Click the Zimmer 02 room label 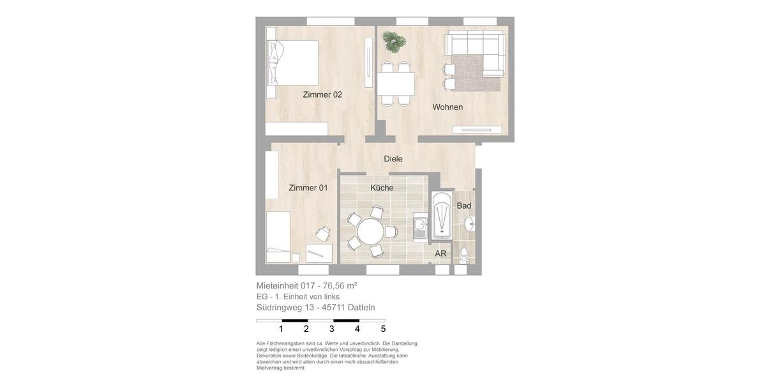point(322,94)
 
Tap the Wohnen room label point(447,107)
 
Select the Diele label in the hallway point(393,159)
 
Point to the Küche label point(382,188)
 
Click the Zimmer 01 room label point(308,188)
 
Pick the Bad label point(464,206)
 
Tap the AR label point(440,253)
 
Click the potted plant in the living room point(394,41)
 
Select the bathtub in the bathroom point(441,216)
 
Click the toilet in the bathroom point(464,254)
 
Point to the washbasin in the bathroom point(469,223)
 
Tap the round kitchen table point(370,231)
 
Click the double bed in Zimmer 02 point(293,63)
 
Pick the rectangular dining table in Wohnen point(396,84)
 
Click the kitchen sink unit point(420,225)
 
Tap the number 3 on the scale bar point(332,329)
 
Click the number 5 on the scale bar point(383,329)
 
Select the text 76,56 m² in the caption point(340,286)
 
